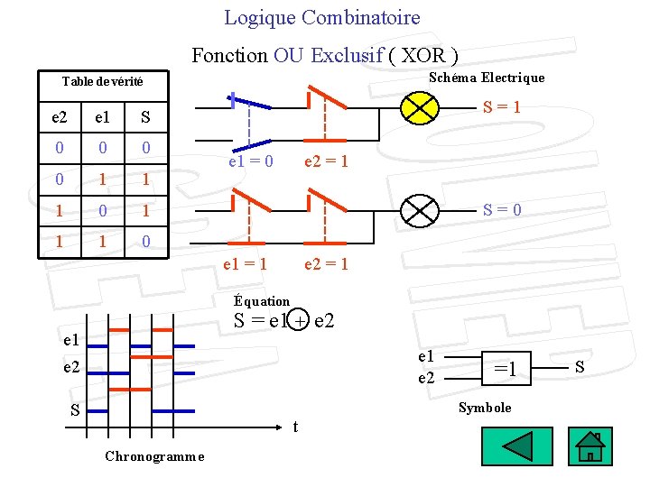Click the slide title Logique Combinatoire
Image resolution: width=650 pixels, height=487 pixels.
coord(322,17)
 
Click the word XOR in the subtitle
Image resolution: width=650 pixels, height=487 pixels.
coord(423,55)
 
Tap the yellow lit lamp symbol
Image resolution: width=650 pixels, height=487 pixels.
coord(420,106)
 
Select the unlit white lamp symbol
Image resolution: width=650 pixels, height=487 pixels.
coord(420,211)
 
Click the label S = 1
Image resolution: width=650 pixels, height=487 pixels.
coord(501,107)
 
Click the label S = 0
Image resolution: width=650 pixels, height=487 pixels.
coord(501,210)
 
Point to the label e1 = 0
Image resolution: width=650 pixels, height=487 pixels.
coord(250,161)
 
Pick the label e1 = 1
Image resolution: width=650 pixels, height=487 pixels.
coord(245,264)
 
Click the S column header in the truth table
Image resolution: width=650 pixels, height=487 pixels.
coord(145,117)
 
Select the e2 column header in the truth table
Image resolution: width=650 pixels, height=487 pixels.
coord(59,117)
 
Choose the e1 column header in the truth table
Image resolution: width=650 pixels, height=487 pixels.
coord(101,117)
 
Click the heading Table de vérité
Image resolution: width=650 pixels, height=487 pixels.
coord(102,82)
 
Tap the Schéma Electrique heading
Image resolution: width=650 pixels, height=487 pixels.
coord(487,78)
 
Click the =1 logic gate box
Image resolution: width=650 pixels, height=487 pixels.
coord(510,368)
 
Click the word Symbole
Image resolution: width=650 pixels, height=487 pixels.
coord(485,408)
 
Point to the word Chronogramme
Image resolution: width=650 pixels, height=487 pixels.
coord(154,455)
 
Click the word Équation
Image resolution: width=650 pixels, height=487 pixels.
coord(262,301)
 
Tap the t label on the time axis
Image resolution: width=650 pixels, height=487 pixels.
coord(296,427)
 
